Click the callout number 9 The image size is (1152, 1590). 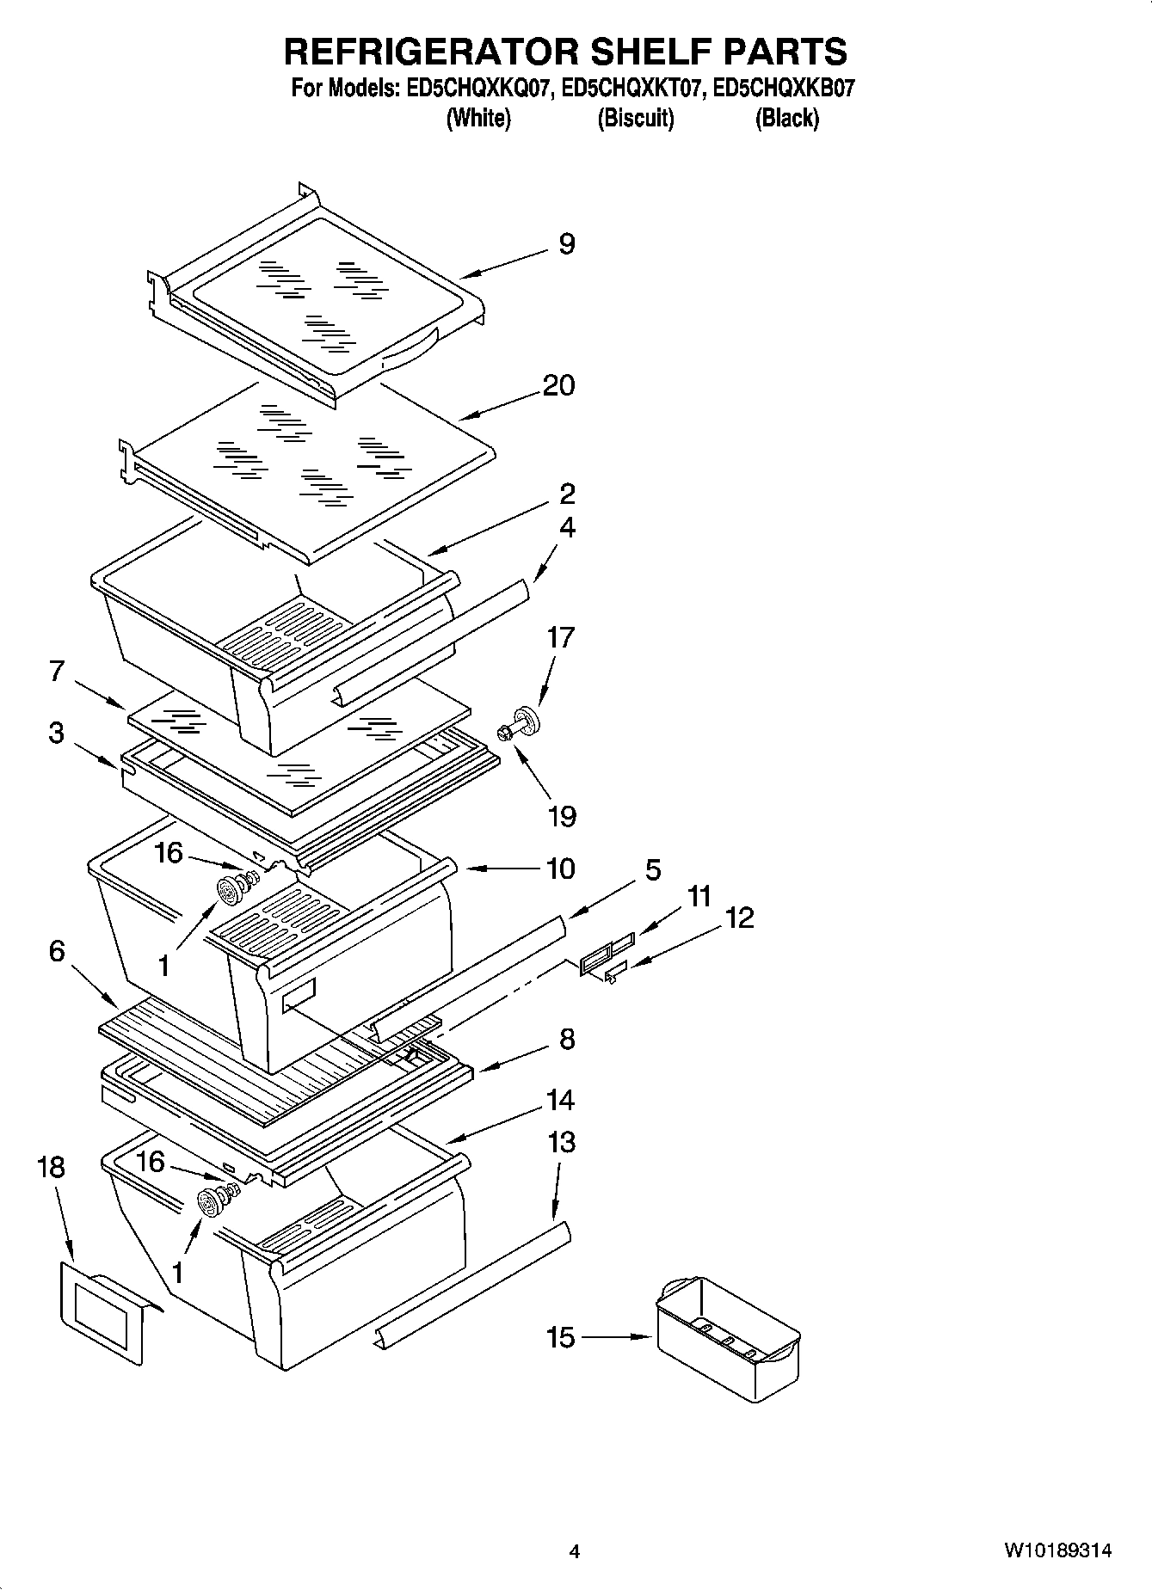[x=566, y=244]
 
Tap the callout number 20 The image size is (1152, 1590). [x=558, y=385]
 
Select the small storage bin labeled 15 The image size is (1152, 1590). [x=727, y=1338]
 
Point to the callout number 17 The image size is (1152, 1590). [x=561, y=638]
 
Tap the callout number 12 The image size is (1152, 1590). [x=739, y=918]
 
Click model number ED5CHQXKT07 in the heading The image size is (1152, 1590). [x=631, y=89]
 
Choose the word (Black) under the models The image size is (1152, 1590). [x=786, y=119]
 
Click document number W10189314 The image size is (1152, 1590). [x=1057, y=1551]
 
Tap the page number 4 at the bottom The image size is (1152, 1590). [x=575, y=1551]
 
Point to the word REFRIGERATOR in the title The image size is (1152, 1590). [x=432, y=52]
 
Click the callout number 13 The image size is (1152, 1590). [x=561, y=1143]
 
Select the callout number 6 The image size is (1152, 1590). [x=57, y=951]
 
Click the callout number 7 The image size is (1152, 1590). [x=57, y=671]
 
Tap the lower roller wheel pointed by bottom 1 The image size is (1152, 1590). [x=209, y=1202]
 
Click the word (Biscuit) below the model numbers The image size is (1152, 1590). [x=636, y=119]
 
